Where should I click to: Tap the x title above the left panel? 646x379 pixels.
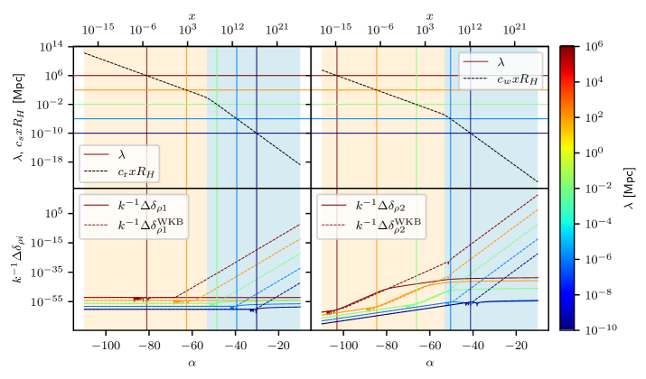(x=192, y=15)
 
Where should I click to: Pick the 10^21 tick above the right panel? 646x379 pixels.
(x=516, y=30)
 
